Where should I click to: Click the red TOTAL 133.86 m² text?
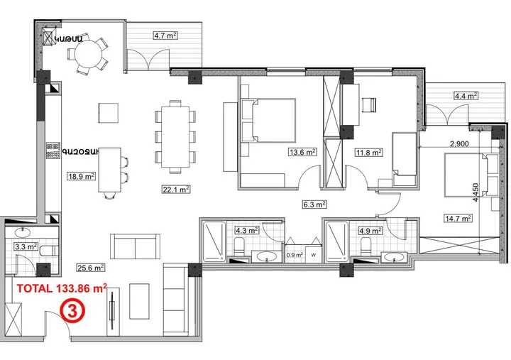tap(61, 288)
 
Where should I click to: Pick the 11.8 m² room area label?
tap(368, 151)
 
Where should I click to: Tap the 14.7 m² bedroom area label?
tap(457, 218)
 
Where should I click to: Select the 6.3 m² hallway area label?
tap(314, 204)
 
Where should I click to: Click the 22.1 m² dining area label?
tap(175, 190)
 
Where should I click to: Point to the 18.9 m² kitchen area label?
tap(81, 176)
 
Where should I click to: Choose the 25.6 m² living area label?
tap(91, 268)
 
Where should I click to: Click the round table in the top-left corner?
tap(89, 54)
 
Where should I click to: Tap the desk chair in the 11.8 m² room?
tap(368, 104)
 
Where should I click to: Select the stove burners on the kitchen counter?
tap(53, 149)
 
